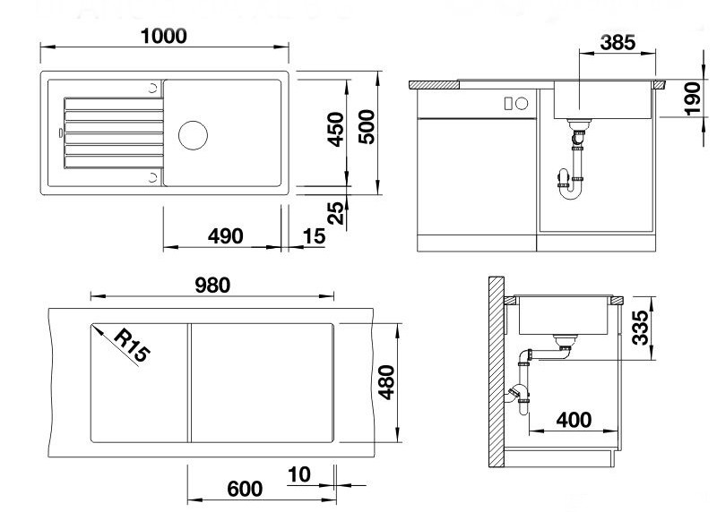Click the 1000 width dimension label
click(164, 36)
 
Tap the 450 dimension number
click(335, 129)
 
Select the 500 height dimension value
click(367, 127)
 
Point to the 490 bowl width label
click(226, 236)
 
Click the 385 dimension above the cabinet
click(618, 42)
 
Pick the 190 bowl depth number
click(693, 99)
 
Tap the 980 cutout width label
click(212, 286)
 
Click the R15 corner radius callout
click(132, 345)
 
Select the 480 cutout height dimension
click(387, 383)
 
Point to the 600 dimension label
click(245, 489)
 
